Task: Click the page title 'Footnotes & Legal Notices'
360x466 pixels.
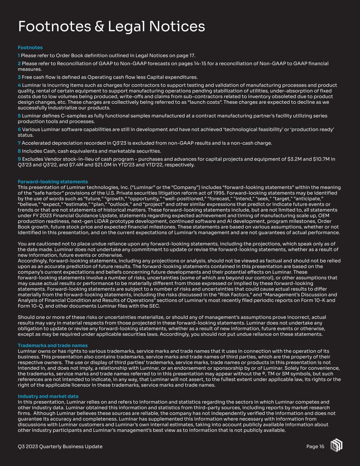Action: click(x=111, y=26)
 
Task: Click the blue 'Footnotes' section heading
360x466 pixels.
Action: click(x=30, y=47)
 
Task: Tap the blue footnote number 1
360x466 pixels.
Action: click(x=19, y=55)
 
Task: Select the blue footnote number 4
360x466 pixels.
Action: click(x=19, y=85)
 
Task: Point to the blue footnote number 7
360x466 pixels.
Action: click(x=19, y=143)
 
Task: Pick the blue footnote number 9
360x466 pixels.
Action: click(x=19, y=159)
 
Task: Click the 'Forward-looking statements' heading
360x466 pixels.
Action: click(x=53, y=182)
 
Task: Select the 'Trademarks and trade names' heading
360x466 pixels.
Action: click(x=53, y=345)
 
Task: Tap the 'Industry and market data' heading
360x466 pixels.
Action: click(x=48, y=396)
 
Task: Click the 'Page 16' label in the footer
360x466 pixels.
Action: click(x=315, y=447)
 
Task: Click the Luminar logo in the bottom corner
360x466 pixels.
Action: click(x=336, y=446)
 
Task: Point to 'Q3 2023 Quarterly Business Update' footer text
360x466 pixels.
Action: click(x=60, y=447)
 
